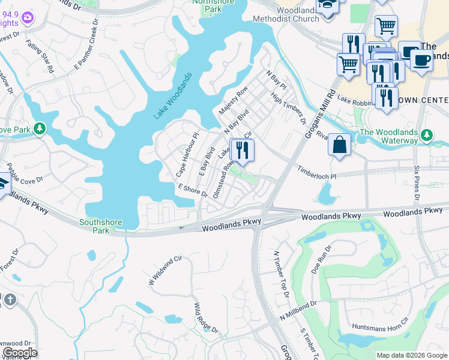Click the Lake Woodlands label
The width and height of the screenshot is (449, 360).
pyautogui.click(x=173, y=95)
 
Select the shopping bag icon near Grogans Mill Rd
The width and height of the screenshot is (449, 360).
pyautogui.click(x=339, y=145)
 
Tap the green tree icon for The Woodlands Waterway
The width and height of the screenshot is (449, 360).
pyautogui.click(x=427, y=135)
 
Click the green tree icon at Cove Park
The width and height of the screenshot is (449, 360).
pyautogui.click(x=40, y=129)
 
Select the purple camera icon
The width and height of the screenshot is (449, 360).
pyautogui.click(x=26, y=17)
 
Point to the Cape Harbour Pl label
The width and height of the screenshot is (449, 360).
pyautogui.click(x=186, y=154)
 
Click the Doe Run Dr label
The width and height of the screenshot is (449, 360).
pyautogui.click(x=321, y=259)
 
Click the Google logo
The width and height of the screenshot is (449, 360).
pyautogui.click(x=19, y=353)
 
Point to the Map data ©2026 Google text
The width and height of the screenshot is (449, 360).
pyautogui.click(x=412, y=355)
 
